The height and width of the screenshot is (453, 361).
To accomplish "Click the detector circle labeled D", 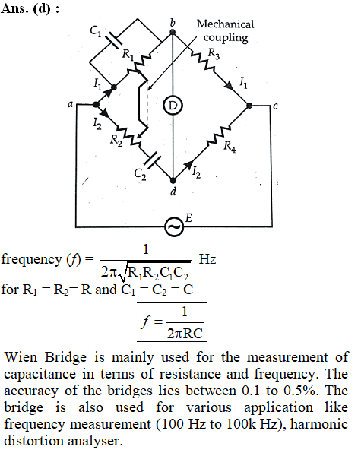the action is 173,106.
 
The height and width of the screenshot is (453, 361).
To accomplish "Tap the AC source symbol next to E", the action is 174,226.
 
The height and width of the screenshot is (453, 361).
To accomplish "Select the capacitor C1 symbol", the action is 113,40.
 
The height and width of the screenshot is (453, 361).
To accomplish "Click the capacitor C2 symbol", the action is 150,160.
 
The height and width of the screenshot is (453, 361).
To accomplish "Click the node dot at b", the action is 172,32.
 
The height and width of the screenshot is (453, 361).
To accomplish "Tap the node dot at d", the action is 173,181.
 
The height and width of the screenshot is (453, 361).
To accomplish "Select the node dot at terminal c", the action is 249,106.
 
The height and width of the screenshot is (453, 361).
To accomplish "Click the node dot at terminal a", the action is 96,105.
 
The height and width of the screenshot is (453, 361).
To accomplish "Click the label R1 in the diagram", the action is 128,54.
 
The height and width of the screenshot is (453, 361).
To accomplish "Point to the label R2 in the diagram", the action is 116,141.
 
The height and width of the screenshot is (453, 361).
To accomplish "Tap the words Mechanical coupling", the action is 225,31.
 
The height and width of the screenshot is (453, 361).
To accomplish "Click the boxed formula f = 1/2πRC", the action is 172,322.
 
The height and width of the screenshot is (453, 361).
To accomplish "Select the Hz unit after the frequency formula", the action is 207,259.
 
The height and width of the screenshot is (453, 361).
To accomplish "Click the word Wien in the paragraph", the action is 21,357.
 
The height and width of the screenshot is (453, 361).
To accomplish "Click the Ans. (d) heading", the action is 30,8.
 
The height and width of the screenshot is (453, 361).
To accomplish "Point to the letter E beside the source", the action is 188,218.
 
